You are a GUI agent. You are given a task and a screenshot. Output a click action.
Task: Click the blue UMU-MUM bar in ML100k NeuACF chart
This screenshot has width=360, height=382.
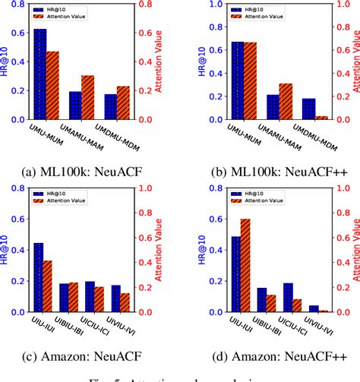click(x=40, y=74)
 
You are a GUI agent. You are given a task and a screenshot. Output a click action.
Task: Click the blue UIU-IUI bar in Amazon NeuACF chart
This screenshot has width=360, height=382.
click(x=39, y=278)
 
